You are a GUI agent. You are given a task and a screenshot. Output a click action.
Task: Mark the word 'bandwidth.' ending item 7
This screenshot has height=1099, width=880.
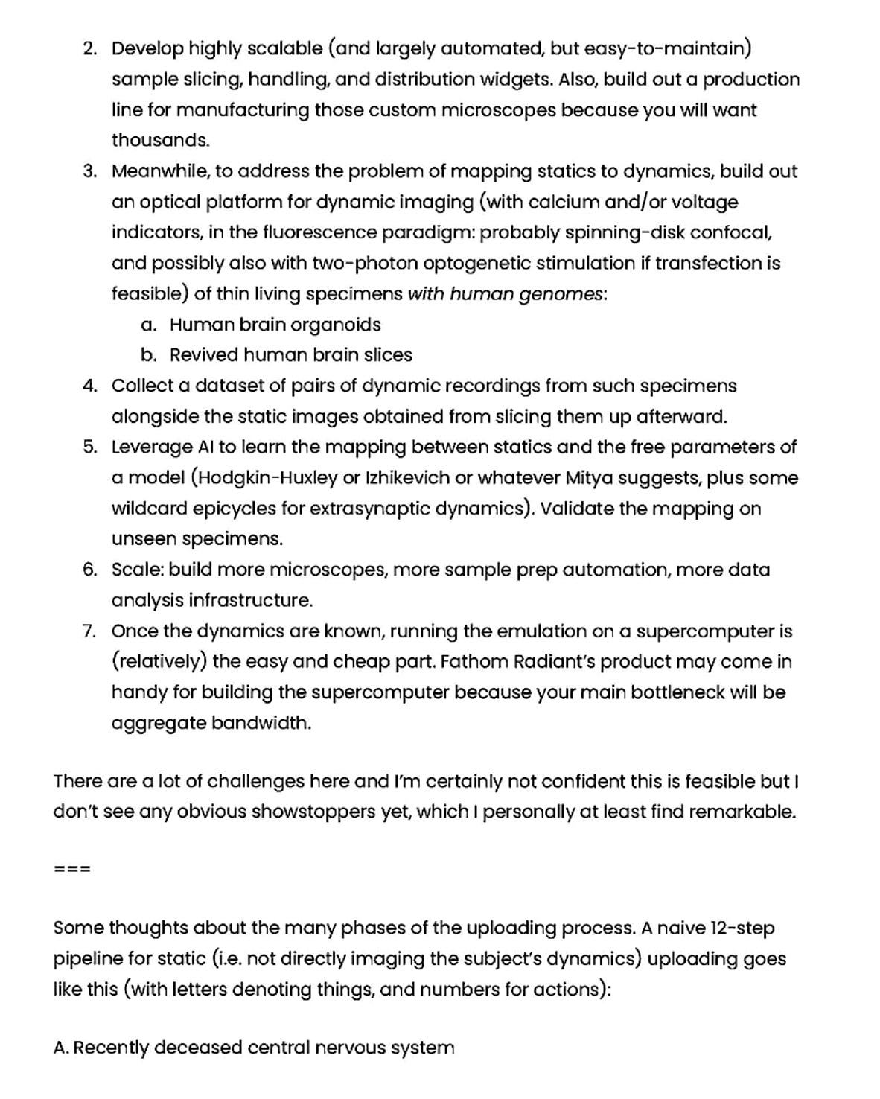(261, 723)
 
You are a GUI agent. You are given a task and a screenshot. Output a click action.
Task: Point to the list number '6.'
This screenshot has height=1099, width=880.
(90, 570)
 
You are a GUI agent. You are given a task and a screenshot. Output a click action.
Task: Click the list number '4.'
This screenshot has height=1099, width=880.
(90, 386)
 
